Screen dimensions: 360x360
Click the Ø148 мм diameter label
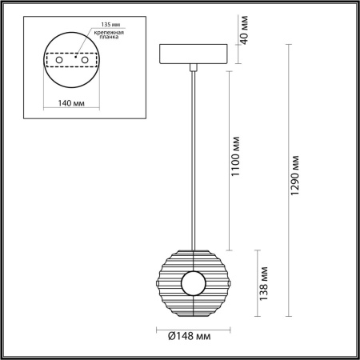(x=193, y=339)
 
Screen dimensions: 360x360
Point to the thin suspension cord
(x=193, y=160)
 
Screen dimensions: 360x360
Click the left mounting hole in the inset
(x=57, y=60)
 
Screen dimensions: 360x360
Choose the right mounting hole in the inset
(x=87, y=60)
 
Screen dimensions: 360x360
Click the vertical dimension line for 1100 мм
(x=231, y=160)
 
